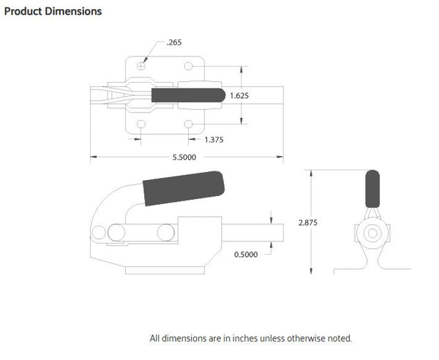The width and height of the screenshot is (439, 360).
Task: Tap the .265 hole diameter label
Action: click(x=173, y=42)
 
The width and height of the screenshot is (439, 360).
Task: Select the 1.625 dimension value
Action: click(x=240, y=96)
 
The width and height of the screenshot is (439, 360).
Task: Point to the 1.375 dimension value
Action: click(x=214, y=139)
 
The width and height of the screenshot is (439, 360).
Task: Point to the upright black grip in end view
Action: click(x=373, y=189)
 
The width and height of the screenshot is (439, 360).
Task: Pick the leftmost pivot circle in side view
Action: click(x=99, y=234)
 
